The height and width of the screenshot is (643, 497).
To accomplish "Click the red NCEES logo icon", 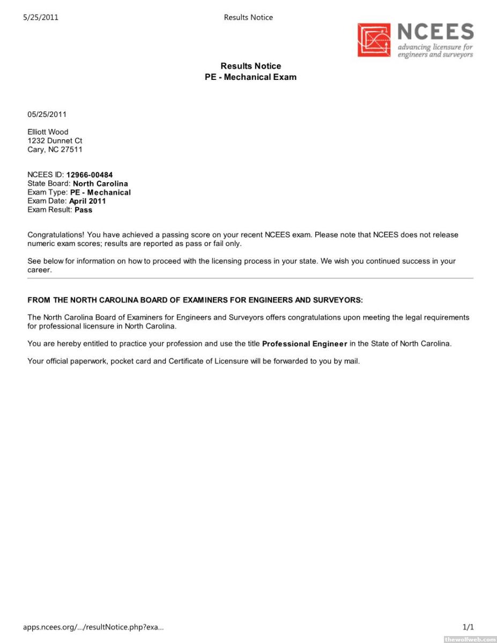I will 375,40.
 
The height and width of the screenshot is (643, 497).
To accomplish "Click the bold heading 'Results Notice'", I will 250,66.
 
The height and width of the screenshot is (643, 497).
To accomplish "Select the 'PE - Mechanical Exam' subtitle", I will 250,77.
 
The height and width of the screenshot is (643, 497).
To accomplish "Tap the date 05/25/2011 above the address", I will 47,114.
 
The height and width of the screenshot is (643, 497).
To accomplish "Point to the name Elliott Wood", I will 48,132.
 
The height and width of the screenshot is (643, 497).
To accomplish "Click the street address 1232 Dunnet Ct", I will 55,141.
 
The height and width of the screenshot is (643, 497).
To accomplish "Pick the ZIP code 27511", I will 72,149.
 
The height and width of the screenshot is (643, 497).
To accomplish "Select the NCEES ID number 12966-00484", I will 90,175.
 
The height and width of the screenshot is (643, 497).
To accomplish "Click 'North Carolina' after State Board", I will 100,183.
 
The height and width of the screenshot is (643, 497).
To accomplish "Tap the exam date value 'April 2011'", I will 87,201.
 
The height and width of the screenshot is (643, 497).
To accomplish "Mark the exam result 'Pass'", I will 84,210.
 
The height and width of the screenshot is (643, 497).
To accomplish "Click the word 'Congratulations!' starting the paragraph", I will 56,235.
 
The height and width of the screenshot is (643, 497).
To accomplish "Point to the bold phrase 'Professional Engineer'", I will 305,344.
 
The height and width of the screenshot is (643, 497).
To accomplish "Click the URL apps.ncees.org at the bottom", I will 93,626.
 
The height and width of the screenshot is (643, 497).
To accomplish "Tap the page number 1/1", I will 468,626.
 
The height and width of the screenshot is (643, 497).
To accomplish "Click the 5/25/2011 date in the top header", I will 41,17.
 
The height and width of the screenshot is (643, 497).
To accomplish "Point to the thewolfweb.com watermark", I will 470,639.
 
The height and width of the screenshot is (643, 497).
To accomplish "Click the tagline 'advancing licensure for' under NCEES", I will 435,47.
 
